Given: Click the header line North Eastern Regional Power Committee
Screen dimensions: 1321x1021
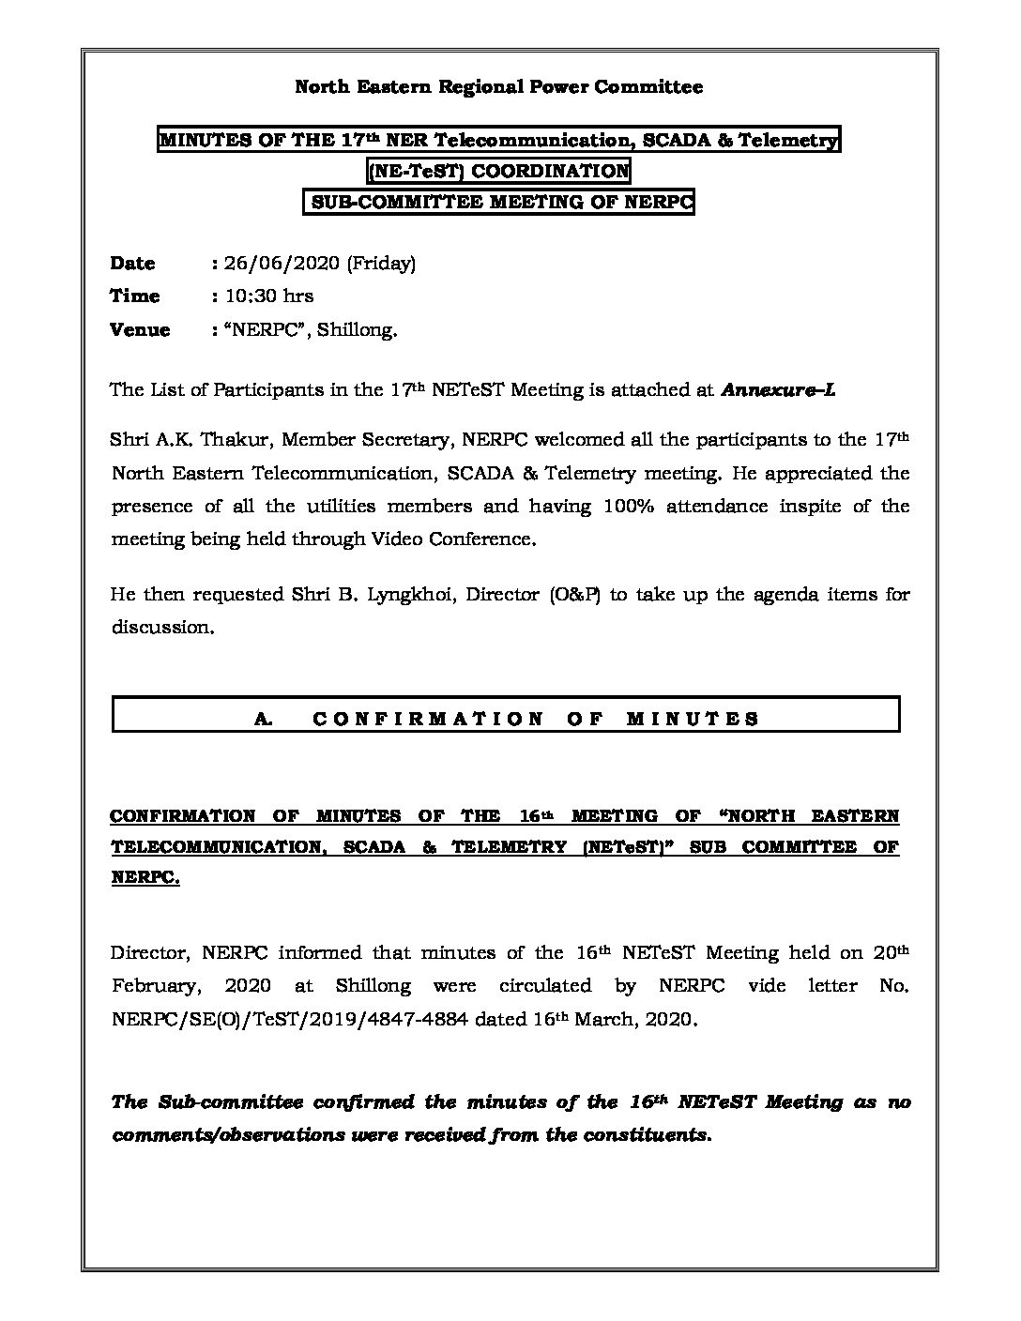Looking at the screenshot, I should coord(498,87).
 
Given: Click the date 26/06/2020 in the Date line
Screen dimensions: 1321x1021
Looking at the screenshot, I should coord(281,264).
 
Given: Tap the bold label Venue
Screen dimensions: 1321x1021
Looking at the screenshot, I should coord(140,330).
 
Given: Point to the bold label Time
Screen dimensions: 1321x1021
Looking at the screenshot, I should coord(135,296).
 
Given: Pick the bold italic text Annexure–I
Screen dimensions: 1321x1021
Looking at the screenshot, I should coord(778,390).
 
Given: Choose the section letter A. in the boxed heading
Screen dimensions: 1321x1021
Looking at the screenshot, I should coord(263,720).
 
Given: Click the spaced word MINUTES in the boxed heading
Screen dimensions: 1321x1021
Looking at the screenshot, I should coord(693,720).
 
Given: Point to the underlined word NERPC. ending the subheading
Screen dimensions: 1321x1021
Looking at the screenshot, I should coord(145,878).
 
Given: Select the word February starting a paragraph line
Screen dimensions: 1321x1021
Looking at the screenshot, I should coord(155,987).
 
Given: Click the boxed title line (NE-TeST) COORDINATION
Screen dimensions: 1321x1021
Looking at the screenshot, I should coord(498,172).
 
